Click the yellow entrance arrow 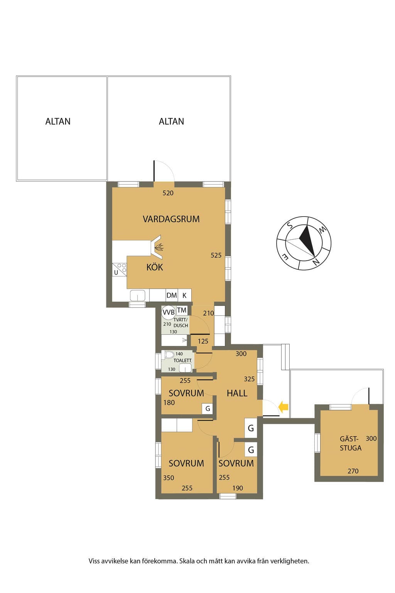point(284,407)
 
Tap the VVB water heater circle point(169,312)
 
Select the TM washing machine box point(182,310)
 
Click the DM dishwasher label point(171,295)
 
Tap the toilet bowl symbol point(169,355)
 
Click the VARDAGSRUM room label point(171,219)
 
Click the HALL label point(237,393)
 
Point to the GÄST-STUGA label point(350,444)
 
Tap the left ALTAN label point(58,122)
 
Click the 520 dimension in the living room point(168,193)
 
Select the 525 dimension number point(216,255)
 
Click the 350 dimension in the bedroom point(169,478)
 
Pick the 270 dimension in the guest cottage point(353,471)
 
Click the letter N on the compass point(316,262)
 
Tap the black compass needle point(307,240)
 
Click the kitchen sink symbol point(138,295)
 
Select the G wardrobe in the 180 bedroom point(208,409)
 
